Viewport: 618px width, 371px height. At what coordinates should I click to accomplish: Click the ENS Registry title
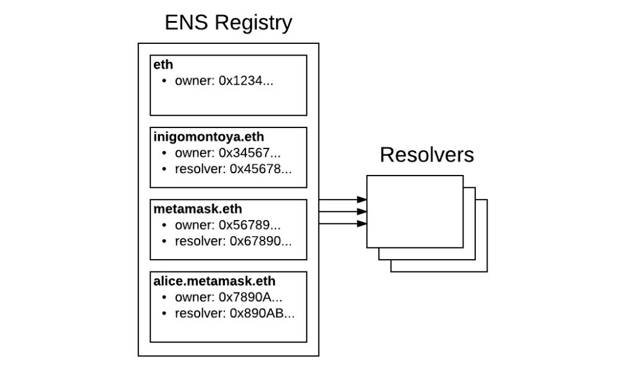click(x=228, y=23)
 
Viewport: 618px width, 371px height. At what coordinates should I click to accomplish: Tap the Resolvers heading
click(x=426, y=155)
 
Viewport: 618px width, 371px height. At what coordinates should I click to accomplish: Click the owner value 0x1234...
click(x=246, y=81)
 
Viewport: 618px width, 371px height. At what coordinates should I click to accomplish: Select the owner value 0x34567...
click(x=250, y=153)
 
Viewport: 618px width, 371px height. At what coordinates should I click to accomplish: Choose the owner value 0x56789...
click(x=250, y=225)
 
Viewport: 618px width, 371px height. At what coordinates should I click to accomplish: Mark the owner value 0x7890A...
click(x=251, y=297)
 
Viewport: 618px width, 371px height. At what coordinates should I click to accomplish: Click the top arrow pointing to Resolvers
click(x=343, y=200)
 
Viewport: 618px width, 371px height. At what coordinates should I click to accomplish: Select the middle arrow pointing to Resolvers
click(x=343, y=211)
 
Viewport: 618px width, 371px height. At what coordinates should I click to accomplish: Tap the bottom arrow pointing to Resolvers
click(x=343, y=223)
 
